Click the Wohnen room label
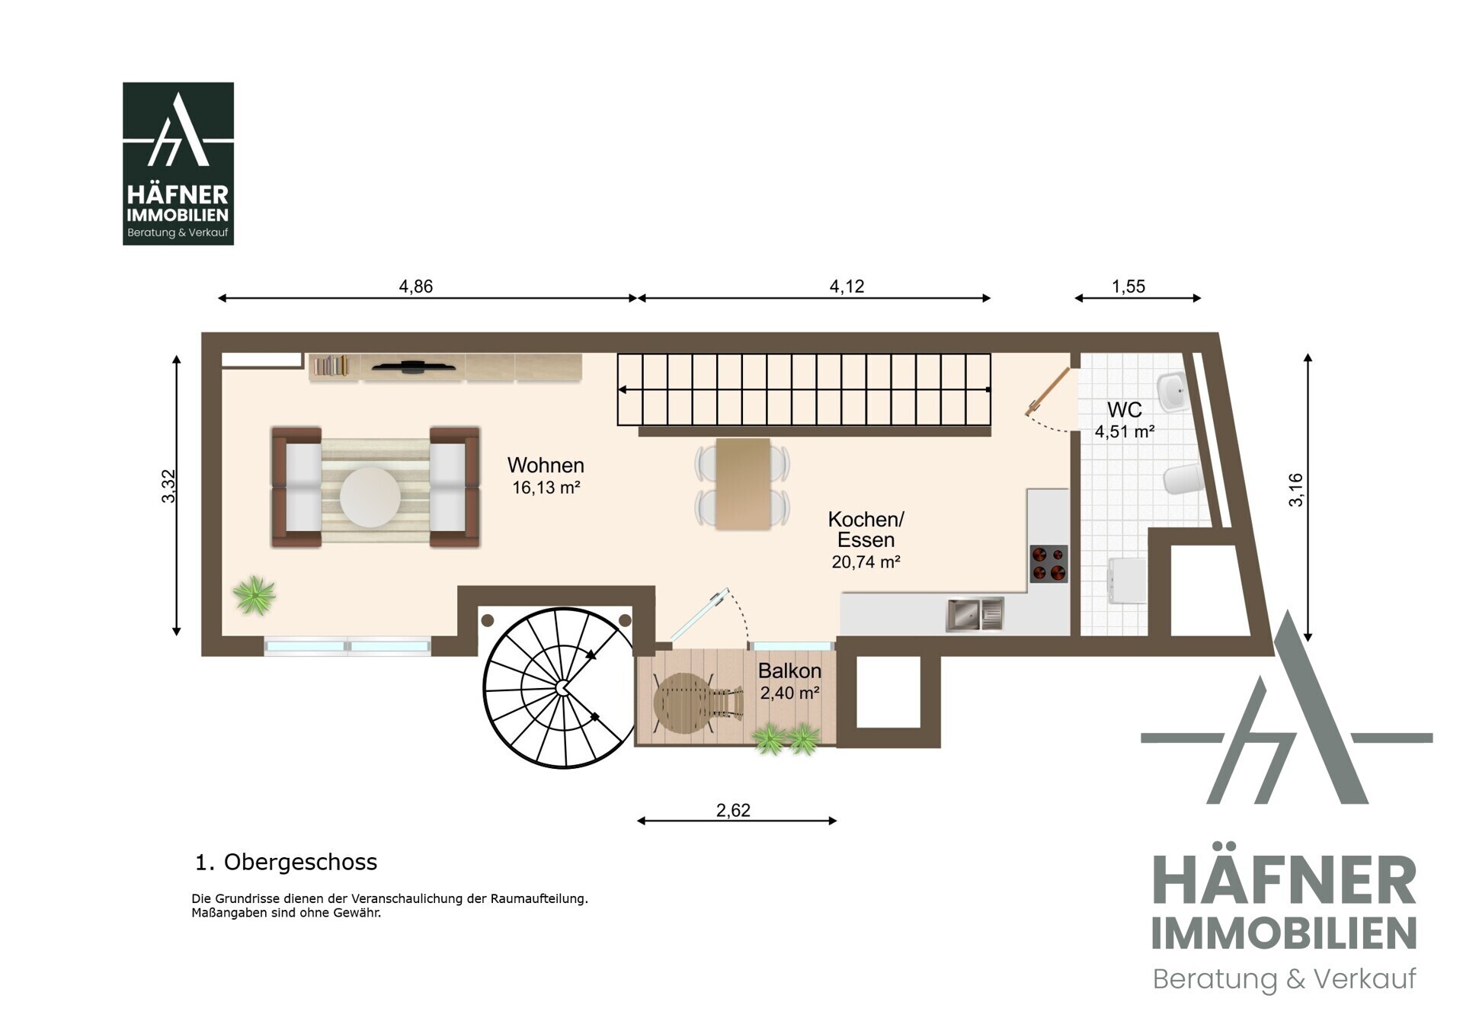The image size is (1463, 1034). [546, 465]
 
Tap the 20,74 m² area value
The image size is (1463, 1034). [866, 562]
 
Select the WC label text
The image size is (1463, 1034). [1124, 410]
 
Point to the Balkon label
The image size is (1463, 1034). [789, 671]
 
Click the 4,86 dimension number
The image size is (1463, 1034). [416, 287]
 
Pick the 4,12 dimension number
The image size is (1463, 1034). [847, 287]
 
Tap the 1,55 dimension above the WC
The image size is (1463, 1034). [1128, 287]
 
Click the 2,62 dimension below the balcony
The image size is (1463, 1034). [733, 810]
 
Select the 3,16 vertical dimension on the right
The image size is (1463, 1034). [1295, 490]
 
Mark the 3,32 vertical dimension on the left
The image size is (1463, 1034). [169, 486]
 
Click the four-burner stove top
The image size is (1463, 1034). [1048, 564]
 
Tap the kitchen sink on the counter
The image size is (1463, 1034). [975, 614]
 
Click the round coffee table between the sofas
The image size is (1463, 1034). [370, 497]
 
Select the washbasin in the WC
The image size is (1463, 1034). [1171, 392]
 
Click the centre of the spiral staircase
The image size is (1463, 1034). [562, 688]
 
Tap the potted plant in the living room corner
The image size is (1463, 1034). [255, 595]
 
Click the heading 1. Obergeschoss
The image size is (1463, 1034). [287, 862]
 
